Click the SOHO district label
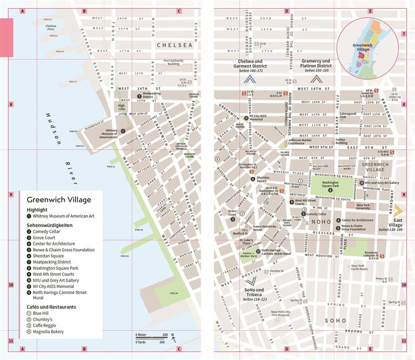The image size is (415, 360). pyautogui.click(x=334, y=320)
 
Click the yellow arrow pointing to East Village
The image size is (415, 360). pyautogui.click(x=397, y=210)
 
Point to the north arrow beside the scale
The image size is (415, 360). pyautogui.click(x=173, y=339)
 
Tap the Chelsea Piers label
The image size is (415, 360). pyautogui.click(x=51, y=27)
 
